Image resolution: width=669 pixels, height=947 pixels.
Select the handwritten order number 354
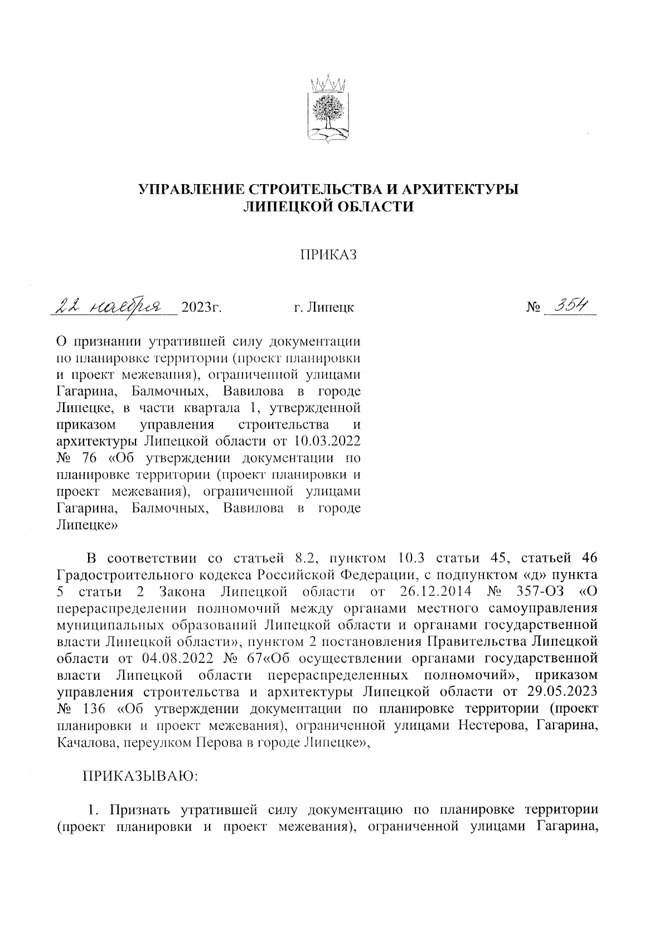point(569,306)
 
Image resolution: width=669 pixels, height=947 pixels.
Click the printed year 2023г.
point(198,307)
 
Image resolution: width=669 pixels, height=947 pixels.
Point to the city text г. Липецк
point(323,307)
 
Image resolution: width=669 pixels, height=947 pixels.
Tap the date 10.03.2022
point(323,442)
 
